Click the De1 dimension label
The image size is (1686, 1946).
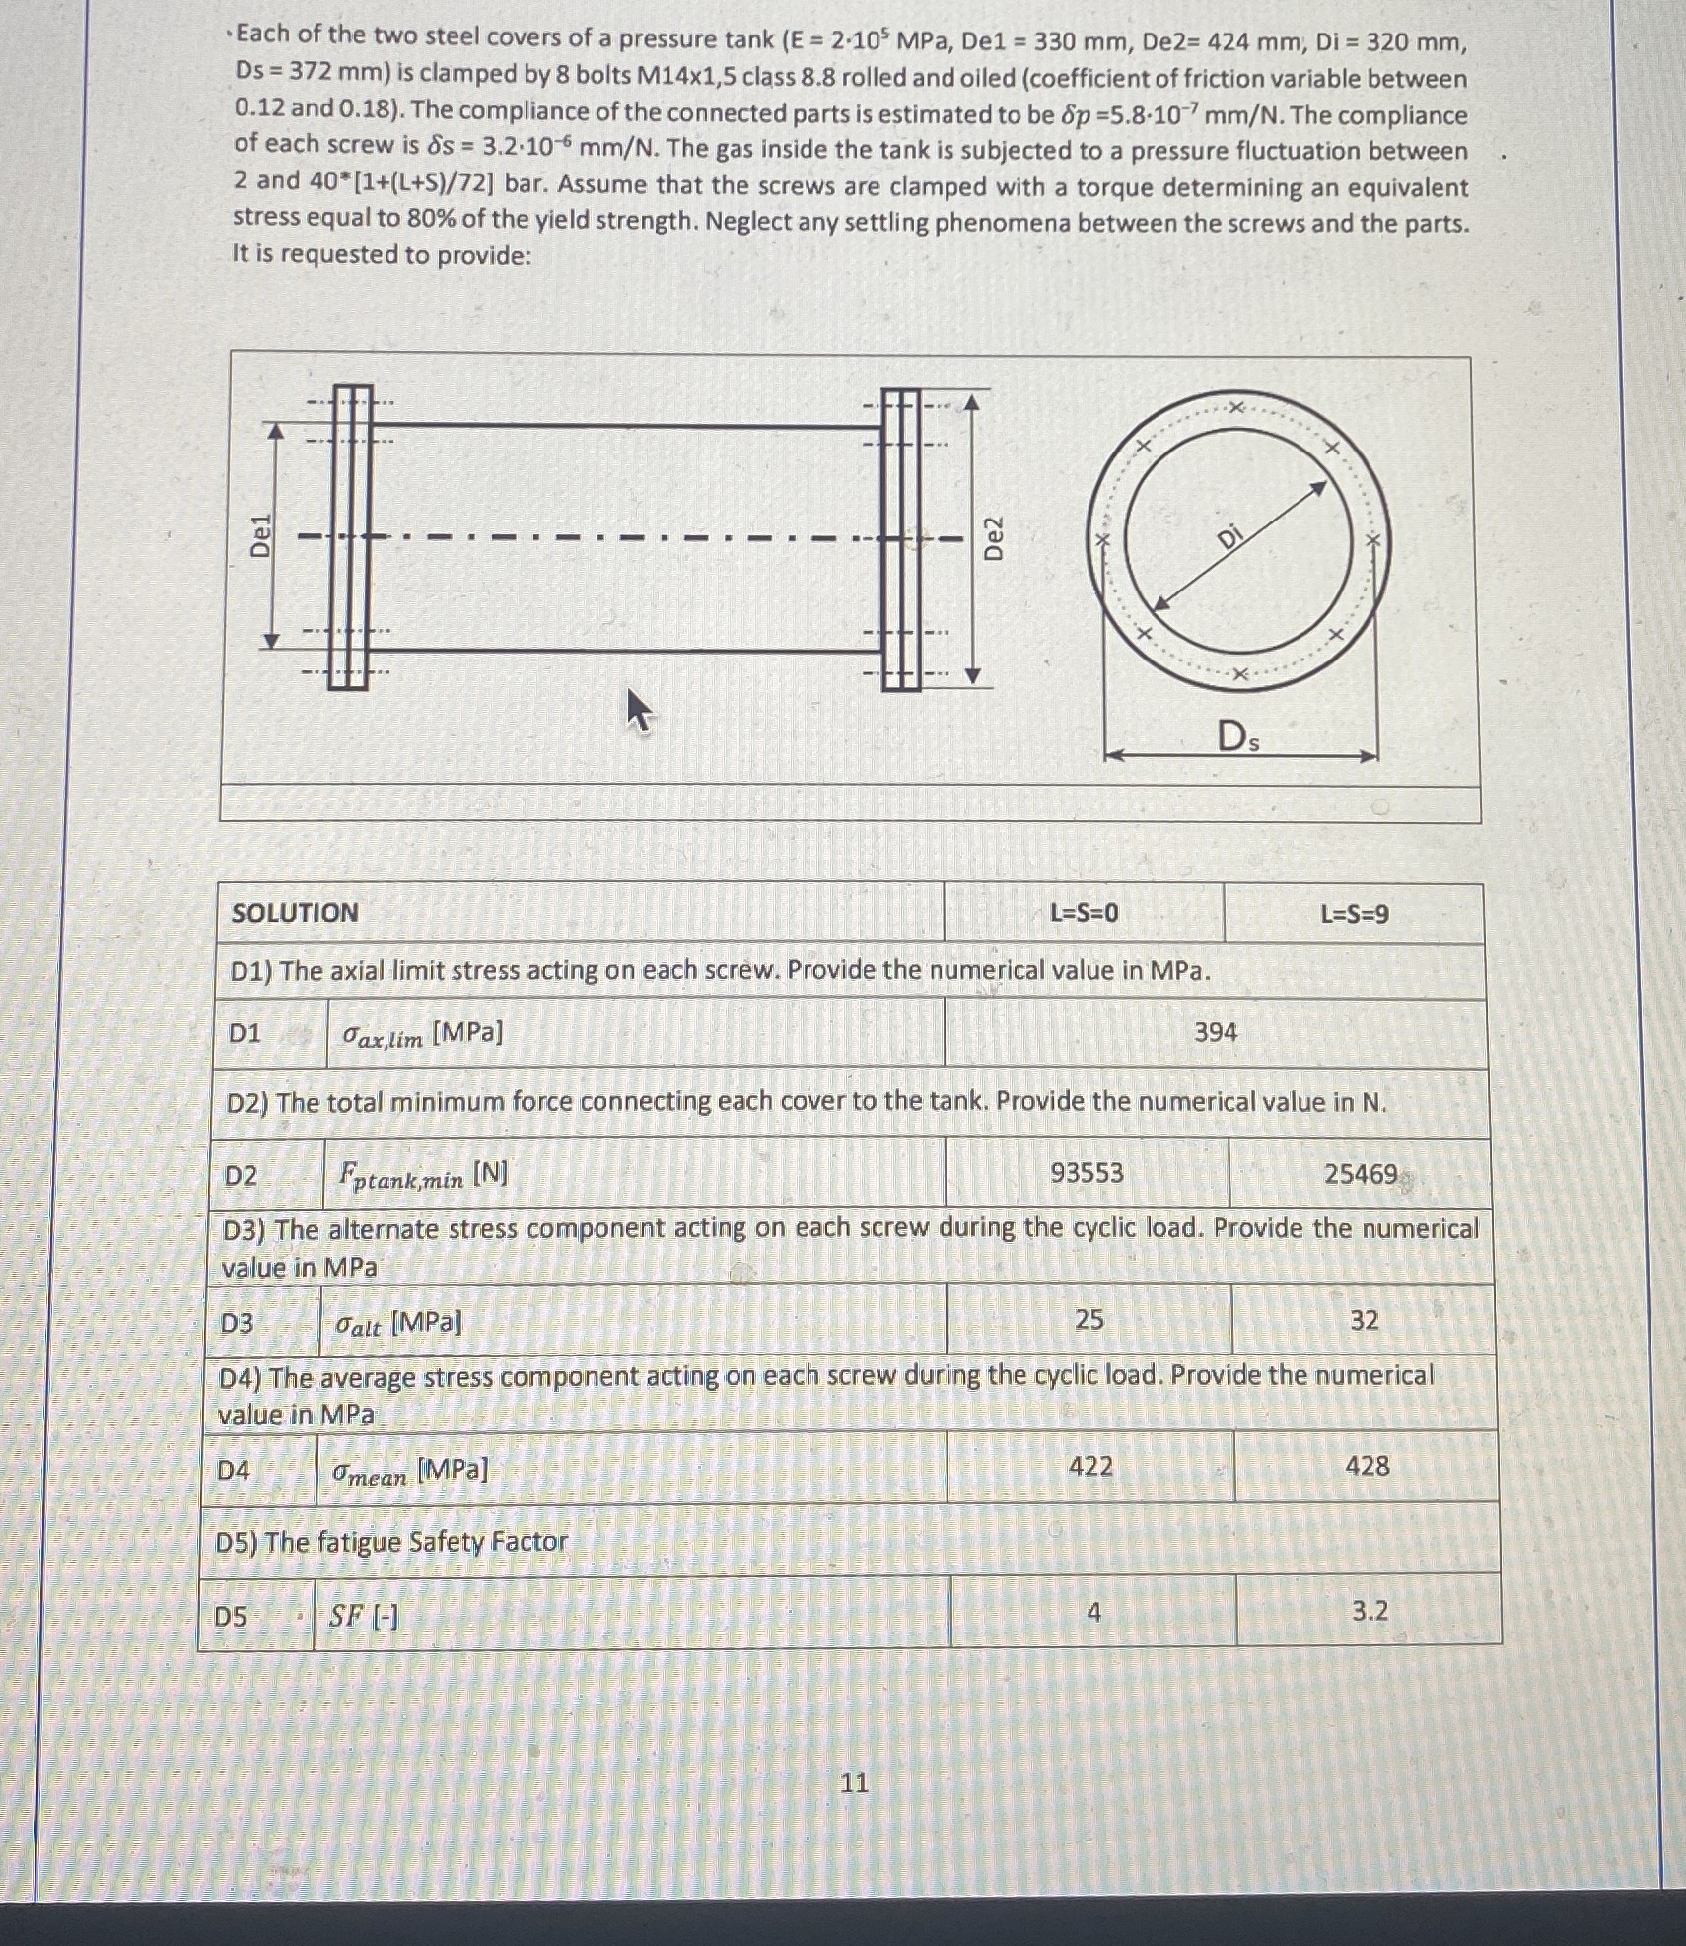(260, 536)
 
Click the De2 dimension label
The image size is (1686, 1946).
(995, 538)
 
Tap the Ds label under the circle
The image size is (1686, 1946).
(1237, 736)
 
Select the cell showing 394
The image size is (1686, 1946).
(1215, 1032)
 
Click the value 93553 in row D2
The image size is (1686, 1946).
(1087, 1172)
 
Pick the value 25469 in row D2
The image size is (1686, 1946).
(1361, 1174)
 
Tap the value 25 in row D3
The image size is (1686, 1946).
(1089, 1319)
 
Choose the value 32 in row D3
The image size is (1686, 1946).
(1364, 1320)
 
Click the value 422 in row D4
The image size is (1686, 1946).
(1090, 1466)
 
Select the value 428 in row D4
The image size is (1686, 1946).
(1368, 1466)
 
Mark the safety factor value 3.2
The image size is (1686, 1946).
(1370, 1611)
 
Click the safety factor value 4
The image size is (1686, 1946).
(1093, 1612)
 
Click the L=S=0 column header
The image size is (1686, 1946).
(1084, 913)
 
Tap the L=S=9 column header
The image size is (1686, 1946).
(1355, 914)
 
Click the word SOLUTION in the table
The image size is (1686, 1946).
(295, 912)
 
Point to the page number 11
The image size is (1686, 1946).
(854, 1782)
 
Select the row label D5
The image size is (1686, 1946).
(231, 1616)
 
